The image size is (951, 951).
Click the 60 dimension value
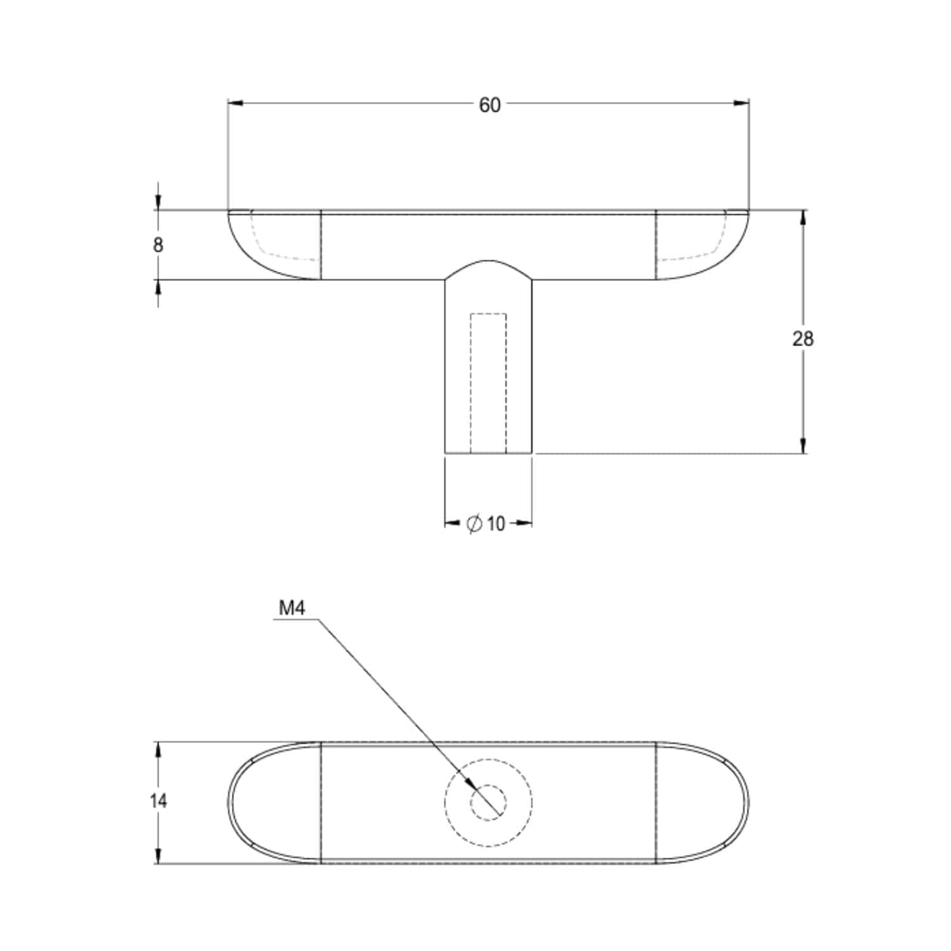[x=489, y=105]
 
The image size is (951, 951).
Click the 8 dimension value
[x=158, y=245]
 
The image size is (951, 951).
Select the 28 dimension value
[x=803, y=339]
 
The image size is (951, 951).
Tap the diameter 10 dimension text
[x=486, y=524]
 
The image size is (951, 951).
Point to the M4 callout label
[x=292, y=609]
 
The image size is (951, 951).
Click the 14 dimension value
[x=158, y=801]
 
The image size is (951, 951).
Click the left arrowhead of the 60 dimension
[x=229, y=103]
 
